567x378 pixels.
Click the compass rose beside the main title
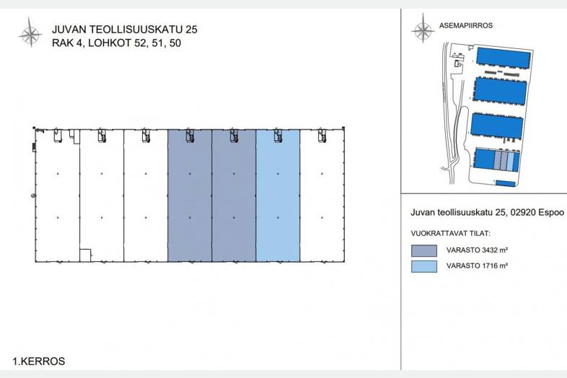(31, 33)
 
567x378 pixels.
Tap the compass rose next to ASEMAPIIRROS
(423, 29)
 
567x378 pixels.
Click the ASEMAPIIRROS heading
(466, 26)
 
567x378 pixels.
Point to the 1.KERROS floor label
(39, 361)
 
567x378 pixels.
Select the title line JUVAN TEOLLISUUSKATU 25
(125, 30)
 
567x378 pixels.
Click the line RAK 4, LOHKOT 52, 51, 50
(116, 43)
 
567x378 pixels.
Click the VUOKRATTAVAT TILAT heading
(451, 234)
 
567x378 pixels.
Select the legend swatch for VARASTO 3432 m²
(423, 250)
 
